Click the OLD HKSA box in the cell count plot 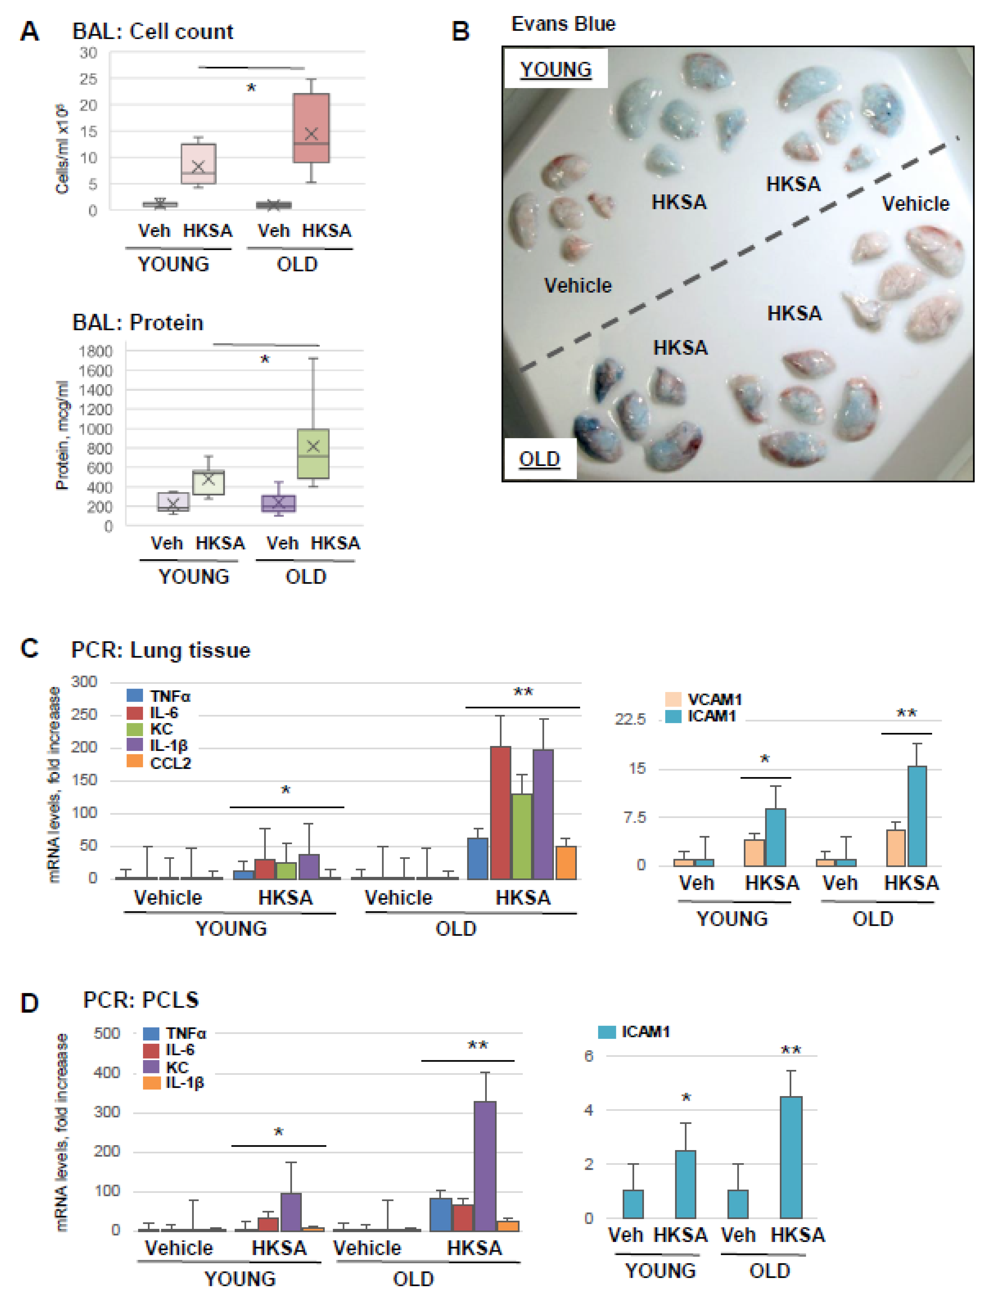click(311, 128)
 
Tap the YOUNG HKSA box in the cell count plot click(198, 164)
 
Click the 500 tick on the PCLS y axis click(107, 1033)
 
